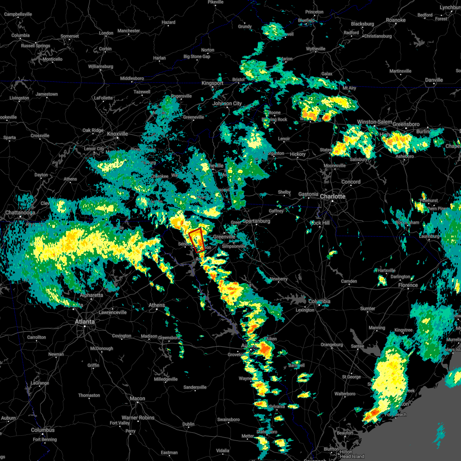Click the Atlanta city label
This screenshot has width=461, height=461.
[x=85, y=322]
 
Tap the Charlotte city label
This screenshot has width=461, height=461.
[x=333, y=196]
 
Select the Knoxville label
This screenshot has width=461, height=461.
[x=118, y=134]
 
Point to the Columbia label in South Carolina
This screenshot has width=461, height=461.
[x=319, y=302]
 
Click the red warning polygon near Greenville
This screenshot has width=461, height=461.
[x=196, y=240]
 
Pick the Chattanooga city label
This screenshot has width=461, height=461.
[x=20, y=212]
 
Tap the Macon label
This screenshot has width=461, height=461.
[x=137, y=398]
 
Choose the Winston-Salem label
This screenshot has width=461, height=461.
[x=375, y=122]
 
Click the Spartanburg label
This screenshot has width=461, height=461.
[x=256, y=221]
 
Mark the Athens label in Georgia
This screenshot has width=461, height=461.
[x=157, y=305]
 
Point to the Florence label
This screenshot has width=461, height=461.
[x=408, y=285]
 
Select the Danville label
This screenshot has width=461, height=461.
[x=434, y=80]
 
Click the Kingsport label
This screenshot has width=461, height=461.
[x=212, y=83]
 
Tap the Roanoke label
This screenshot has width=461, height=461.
[x=396, y=20]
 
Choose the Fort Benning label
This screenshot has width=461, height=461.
[x=45, y=439]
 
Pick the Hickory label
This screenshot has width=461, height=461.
[x=298, y=154]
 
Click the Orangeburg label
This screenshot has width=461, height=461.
[x=332, y=345]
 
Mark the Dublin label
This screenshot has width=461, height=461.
[x=188, y=424]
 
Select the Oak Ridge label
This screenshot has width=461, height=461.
[x=93, y=130]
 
